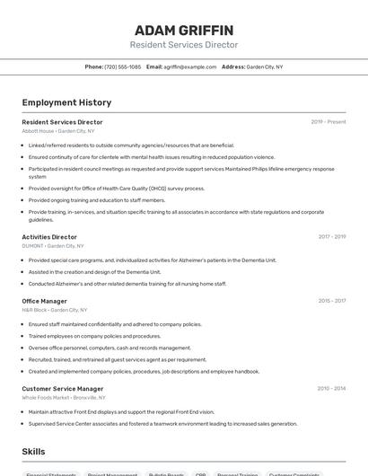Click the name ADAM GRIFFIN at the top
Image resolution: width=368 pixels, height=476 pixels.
[x=184, y=30]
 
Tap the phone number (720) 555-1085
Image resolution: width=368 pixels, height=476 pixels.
[x=123, y=66]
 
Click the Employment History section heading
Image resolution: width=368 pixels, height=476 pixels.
[x=66, y=102]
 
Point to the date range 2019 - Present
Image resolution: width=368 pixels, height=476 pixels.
[x=328, y=121]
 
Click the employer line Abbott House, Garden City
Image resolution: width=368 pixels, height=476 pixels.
[x=58, y=131]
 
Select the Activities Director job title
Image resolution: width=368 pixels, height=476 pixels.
[x=49, y=237]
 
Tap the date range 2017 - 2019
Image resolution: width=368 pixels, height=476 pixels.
[x=331, y=237]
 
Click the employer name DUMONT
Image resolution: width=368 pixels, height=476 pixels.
[x=33, y=246]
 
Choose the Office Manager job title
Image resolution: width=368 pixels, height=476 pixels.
[x=45, y=301]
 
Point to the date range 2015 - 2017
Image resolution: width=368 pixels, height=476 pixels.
[x=331, y=301]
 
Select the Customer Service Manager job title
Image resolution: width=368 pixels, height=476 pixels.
[x=63, y=389]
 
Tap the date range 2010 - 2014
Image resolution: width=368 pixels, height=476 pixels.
[x=330, y=389]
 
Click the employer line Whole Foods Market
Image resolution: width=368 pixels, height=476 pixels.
[x=64, y=398]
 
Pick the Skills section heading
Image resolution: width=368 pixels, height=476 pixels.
[x=34, y=451]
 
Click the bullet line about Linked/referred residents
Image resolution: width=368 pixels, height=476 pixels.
[x=131, y=145]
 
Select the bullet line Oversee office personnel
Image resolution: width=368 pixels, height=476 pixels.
[x=110, y=348]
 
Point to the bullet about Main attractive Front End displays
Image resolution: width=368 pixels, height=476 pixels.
[x=121, y=411]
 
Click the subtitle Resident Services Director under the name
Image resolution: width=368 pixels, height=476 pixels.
[x=184, y=45]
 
